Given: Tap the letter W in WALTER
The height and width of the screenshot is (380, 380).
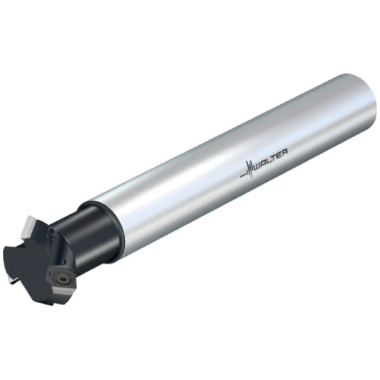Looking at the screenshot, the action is click(x=258, y=165).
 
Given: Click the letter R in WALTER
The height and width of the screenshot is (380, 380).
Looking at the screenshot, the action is click(x=284, y=152).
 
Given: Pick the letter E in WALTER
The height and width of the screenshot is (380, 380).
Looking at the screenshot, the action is click(x=279, y=155).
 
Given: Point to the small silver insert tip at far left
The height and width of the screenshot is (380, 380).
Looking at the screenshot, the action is click(x=11, y=280).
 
